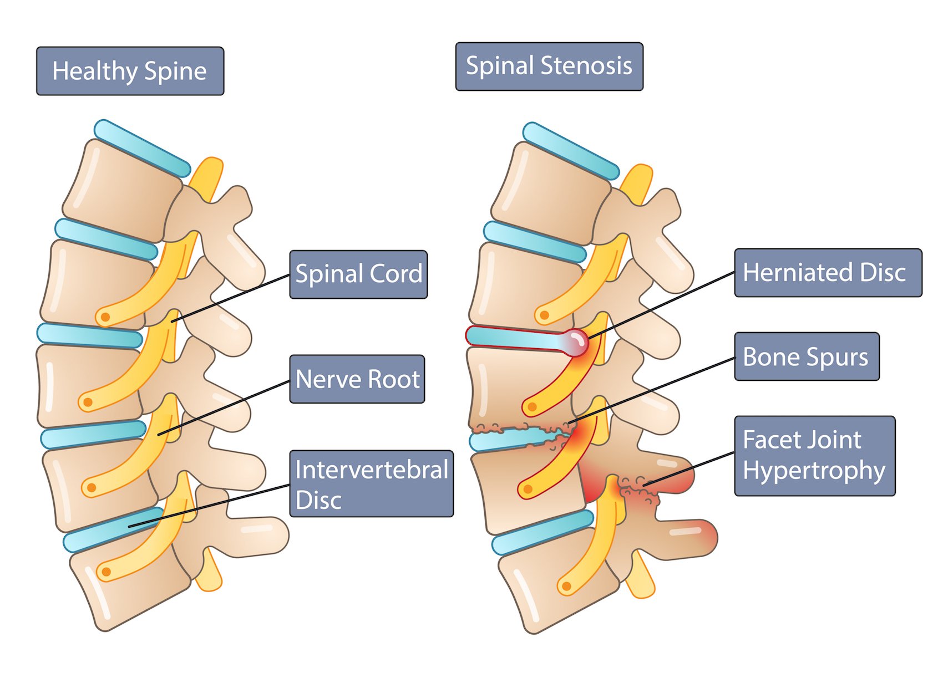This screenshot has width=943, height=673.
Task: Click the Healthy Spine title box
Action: (130, 71)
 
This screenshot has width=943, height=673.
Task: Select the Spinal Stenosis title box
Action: (549, 66)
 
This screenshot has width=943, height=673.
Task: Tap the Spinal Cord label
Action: (358, 274)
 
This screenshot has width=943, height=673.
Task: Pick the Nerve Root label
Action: (357, 379)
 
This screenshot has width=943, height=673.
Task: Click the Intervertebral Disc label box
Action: (371, 484)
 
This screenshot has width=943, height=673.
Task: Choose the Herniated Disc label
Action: (828, 273)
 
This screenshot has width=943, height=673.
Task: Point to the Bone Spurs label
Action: (807, 356)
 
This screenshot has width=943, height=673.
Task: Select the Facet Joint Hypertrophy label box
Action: (814, 456)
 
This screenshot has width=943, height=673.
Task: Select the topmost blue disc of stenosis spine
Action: (570, 151)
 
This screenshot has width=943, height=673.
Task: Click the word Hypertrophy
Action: (814, 471)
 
